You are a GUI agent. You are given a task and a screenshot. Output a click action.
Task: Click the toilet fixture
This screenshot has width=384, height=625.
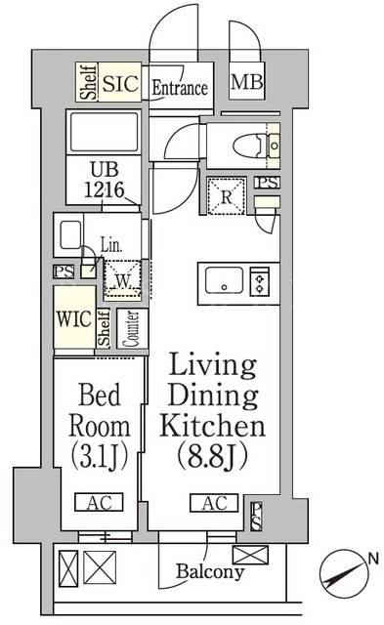pyautogui.click(x=249, y=146)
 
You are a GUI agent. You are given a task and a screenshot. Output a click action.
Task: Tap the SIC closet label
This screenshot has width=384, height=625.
pyautogui.click(x=120, y=83)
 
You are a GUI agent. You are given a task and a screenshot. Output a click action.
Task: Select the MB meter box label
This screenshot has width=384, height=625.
pyautogui.click(x=247, y=82)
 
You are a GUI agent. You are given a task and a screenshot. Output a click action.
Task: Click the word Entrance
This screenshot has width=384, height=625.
pyautogui.click(x=180, y=88)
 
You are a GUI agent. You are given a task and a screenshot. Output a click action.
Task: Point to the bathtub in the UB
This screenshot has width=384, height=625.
pyautogui.click(x=104, y=132)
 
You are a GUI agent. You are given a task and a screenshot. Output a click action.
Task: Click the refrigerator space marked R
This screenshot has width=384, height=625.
pyautogui.click(x=226, y=196)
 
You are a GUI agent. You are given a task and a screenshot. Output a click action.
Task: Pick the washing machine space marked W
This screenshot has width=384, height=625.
pyautogui.click(x=122, y=280)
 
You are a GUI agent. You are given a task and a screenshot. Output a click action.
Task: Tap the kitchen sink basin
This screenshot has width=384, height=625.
pyautogui.click(x=224, y=280)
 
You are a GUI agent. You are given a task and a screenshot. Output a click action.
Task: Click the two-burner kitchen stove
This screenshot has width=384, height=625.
pyautogui.click(x=259, y=280)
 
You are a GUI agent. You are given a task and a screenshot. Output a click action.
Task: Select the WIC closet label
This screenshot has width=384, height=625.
pyautogui.click(x=74, y=319)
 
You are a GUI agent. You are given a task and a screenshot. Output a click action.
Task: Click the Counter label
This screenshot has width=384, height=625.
pyautogui.click(x=132, y=329)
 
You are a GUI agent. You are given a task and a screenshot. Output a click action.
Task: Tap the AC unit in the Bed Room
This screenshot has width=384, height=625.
pyautogui.click(x=99, y=502)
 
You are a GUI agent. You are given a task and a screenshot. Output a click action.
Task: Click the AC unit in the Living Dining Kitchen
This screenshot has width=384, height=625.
pyautogui.click(x=214, y=503)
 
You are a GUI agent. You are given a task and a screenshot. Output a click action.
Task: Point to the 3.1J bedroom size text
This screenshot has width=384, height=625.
pyautogui.click(x=100, y=457)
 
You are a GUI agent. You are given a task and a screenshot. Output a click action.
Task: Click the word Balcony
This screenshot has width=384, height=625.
pyautogui.click(x=210, y=571)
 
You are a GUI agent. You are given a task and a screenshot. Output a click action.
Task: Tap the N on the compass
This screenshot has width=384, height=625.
pyautogui.click(x=373, y=559)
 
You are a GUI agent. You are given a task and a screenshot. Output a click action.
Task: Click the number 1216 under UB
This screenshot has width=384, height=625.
pyautogui.click(x=105, y=190)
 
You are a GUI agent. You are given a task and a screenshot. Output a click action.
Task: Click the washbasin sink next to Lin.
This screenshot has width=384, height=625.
pyautogui.click(x=68, y=235)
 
